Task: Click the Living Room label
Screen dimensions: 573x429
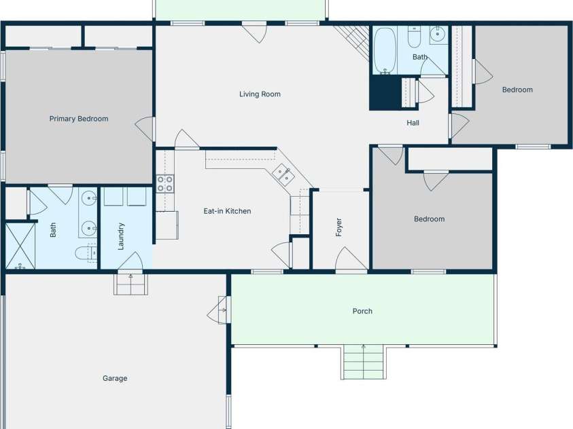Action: tap(260, 94)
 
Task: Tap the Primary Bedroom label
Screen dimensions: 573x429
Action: tap(79, 119)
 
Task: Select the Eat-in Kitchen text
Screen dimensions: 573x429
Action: tap(227, 211)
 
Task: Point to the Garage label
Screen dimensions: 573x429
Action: tap(115, 378)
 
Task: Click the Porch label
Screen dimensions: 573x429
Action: tap(362, 311)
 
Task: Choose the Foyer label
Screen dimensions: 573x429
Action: tap(339, 227)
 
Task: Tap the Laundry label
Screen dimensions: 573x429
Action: tap(121, 236)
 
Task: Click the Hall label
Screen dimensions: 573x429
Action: tap(413, 123)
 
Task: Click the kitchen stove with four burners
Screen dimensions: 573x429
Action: tap(164, 183)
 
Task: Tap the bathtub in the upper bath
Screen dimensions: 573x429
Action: tap(385, 50)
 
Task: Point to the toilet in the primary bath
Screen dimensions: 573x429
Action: tap(86, 253)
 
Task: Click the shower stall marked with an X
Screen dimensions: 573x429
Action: tap(20, 246)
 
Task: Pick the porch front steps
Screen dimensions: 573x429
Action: tap(363, 362)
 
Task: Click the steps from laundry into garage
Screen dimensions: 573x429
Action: tap(131, 284)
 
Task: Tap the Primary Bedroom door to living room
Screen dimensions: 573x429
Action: tap(145, 128)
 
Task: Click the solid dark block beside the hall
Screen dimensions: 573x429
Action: tap(385, 92)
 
